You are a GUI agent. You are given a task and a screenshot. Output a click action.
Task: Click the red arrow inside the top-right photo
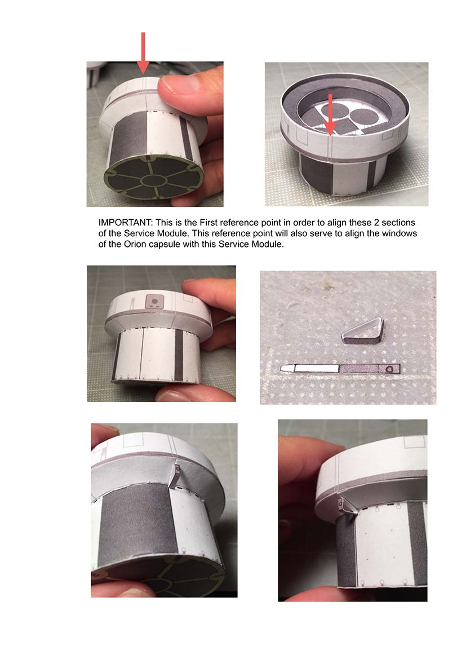(x=330, y=115)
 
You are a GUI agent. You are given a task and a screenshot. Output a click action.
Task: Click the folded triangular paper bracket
(x=363, y=331)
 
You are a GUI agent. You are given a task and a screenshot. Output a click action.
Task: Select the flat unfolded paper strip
(x=340, y=369)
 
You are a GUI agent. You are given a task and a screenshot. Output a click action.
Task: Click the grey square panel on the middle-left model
(x=154, y=302)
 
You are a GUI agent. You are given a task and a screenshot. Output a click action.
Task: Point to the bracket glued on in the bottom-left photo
(x=176, y=475)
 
